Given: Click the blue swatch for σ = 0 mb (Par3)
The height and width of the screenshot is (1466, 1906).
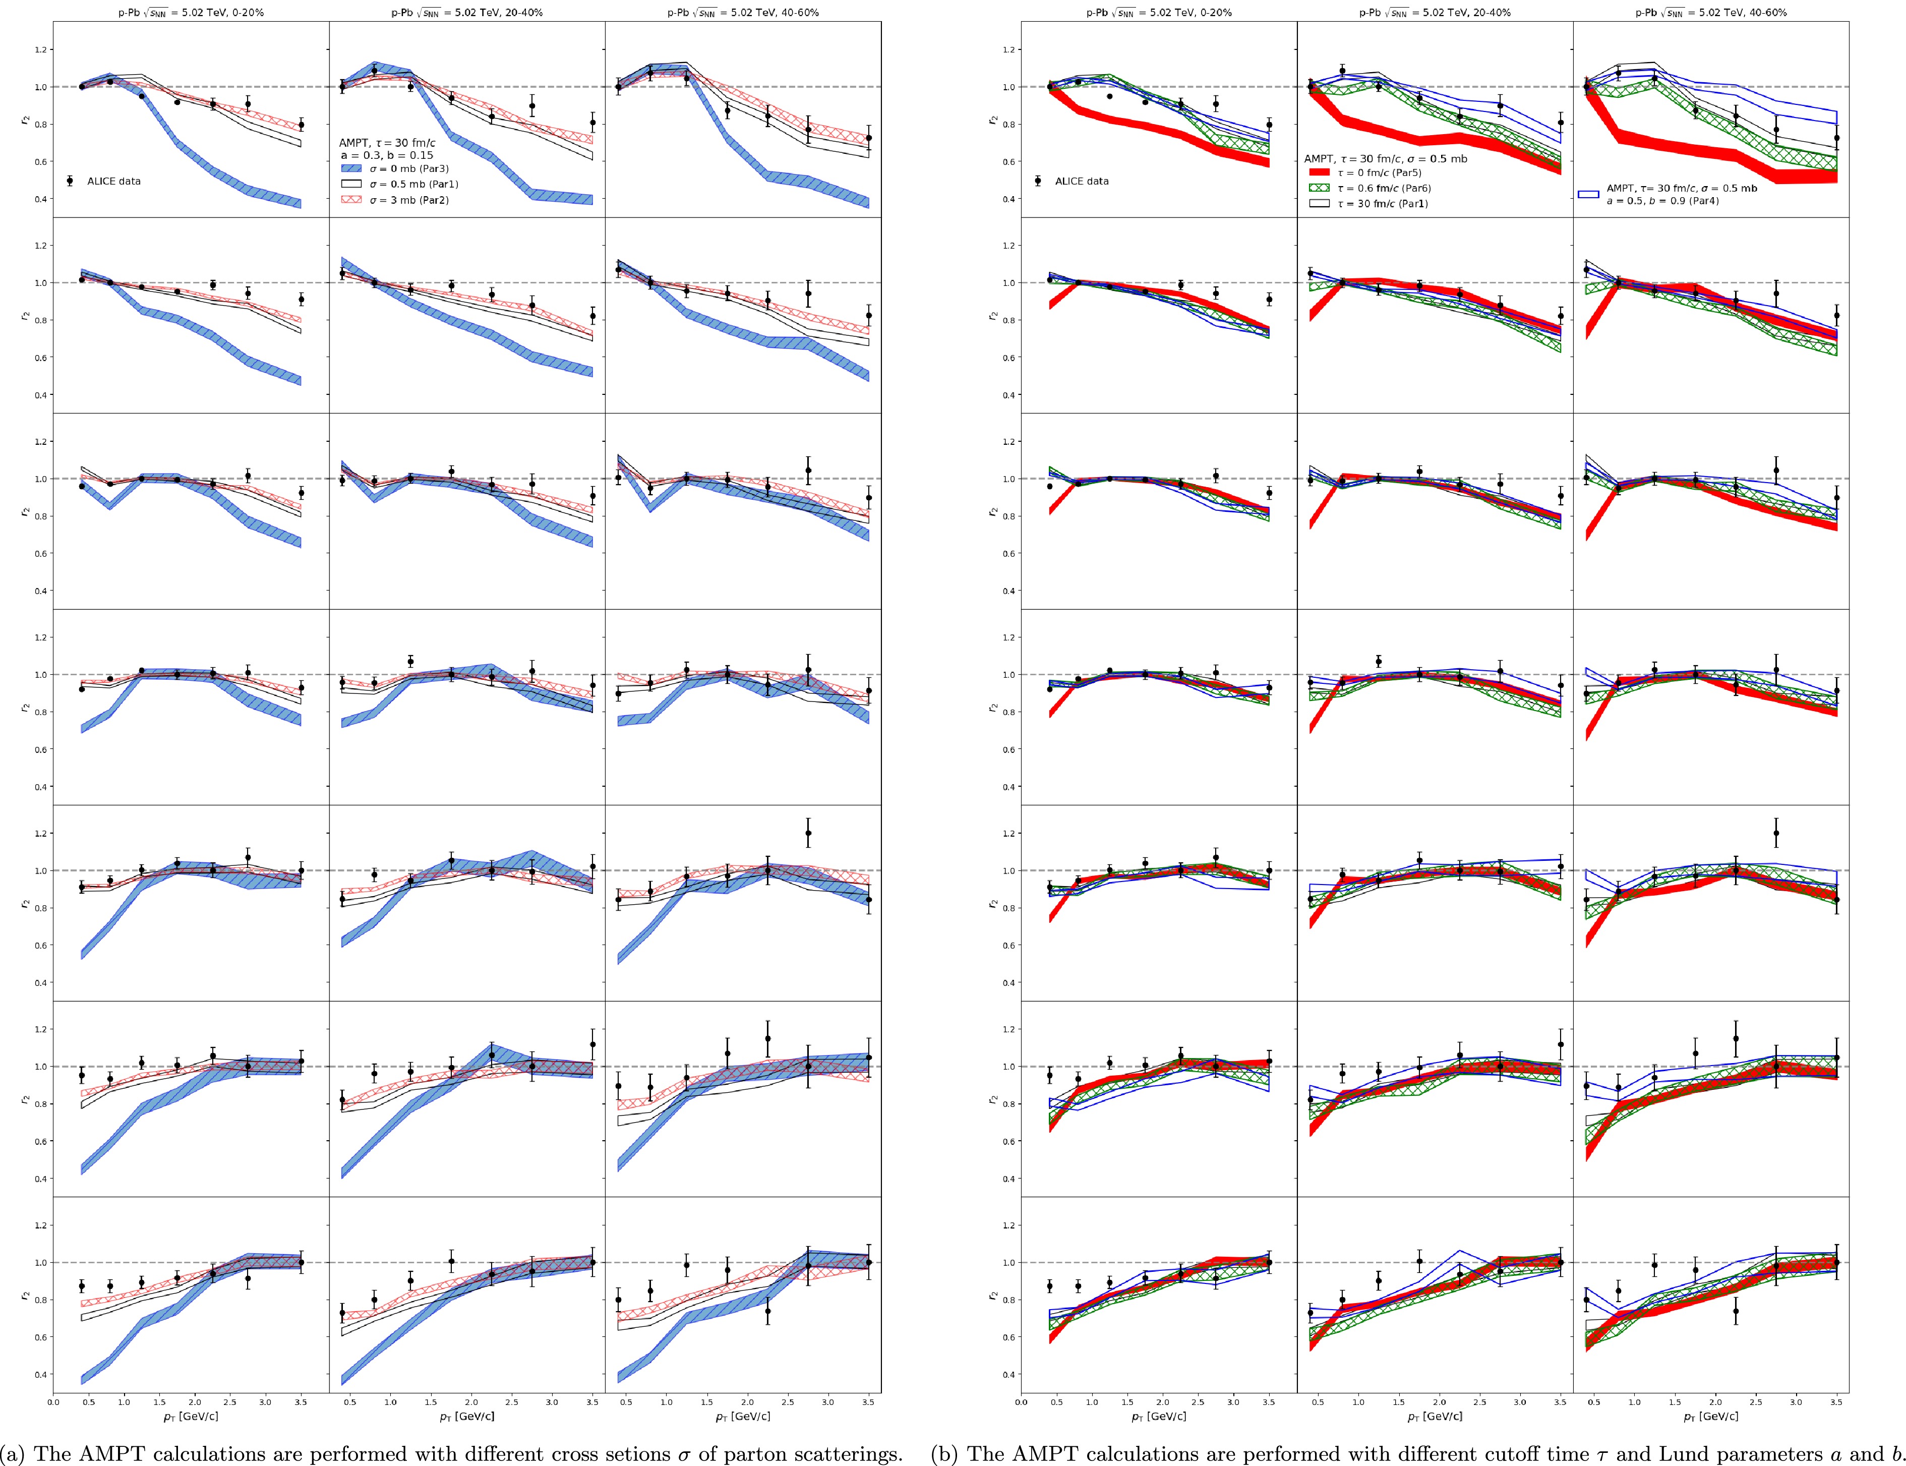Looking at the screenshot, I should [x=350, y=168].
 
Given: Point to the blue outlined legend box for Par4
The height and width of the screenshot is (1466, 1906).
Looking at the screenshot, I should [x=1588, y=195].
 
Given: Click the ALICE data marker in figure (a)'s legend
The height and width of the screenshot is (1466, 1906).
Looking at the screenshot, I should [x=69, y=181].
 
